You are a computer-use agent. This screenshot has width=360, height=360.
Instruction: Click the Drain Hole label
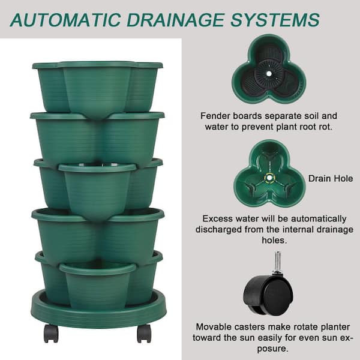tap(329, 178)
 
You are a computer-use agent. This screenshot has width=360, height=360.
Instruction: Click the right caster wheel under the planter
tap(144, 333)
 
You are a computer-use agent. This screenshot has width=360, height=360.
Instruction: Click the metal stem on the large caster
tap(278, 262)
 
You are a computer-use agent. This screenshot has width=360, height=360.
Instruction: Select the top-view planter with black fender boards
tap(269, 68)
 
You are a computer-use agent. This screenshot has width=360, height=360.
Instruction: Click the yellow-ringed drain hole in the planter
tap(269, 177)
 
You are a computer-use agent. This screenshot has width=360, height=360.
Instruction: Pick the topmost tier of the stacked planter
tap(98, 87)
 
